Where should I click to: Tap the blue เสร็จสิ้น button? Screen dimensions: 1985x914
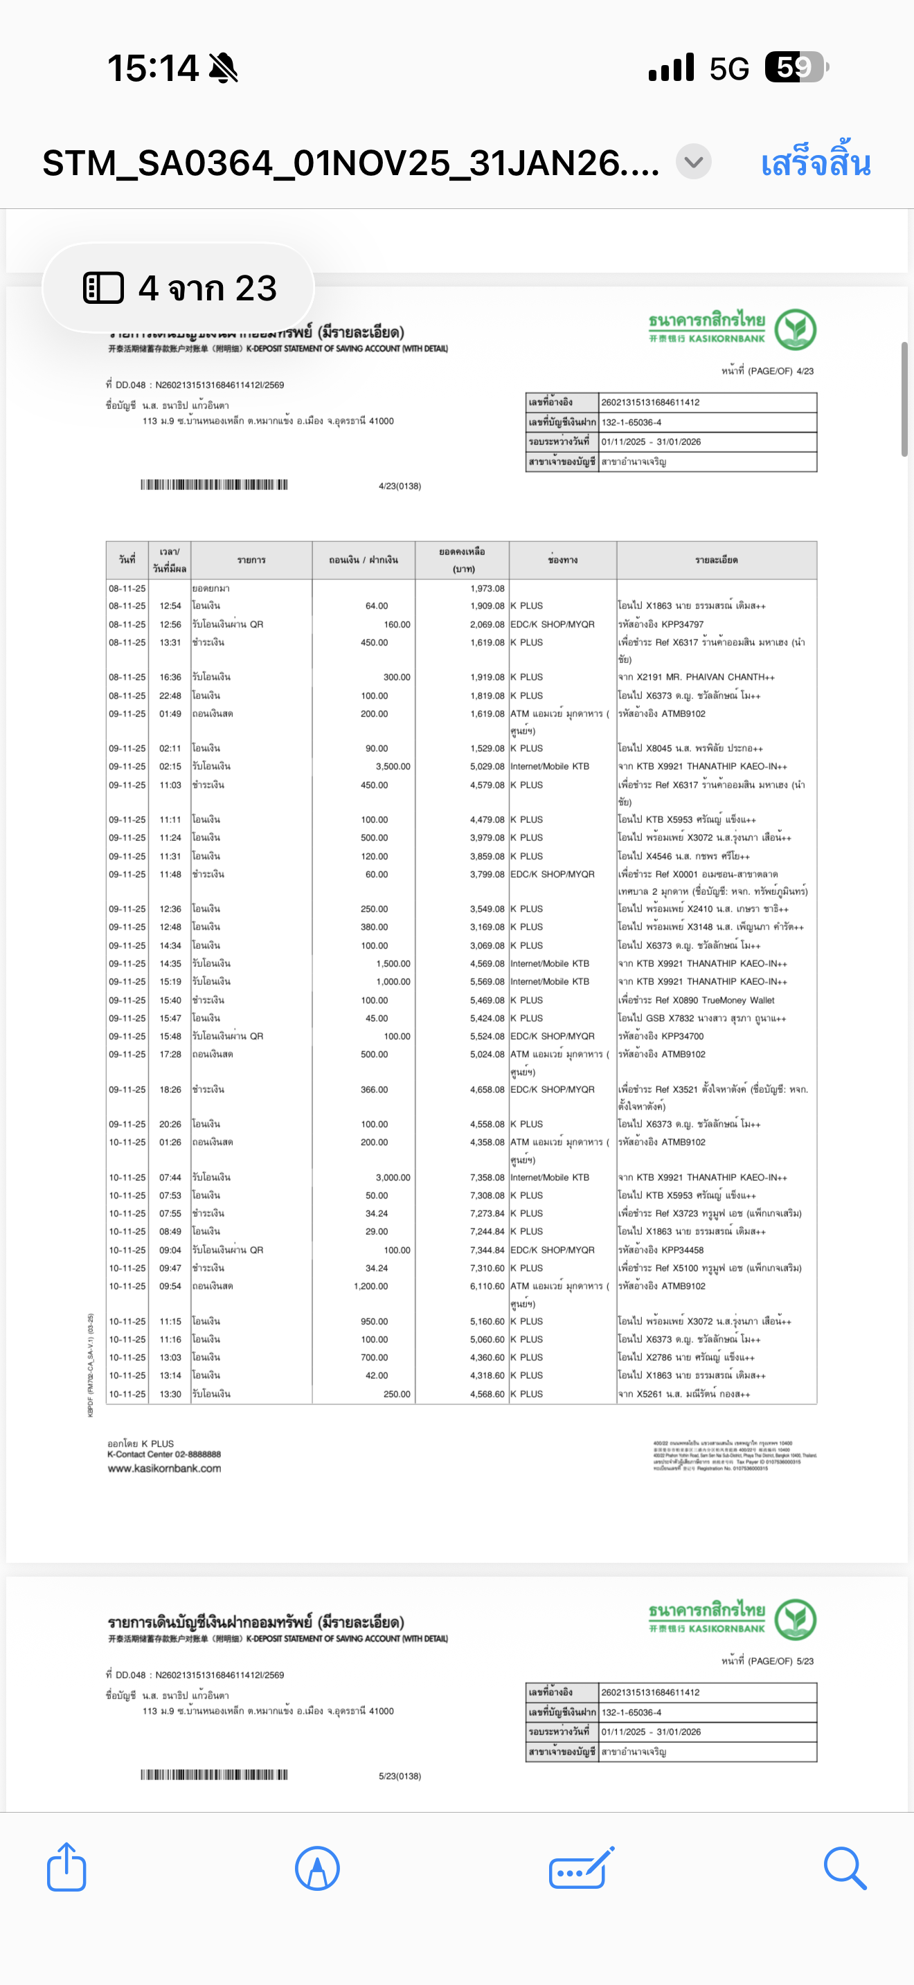click(x=816, y=163)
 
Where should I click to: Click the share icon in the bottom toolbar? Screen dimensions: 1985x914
click(x=66, y=1867)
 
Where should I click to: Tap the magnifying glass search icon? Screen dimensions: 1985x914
click(x=845, y=1867)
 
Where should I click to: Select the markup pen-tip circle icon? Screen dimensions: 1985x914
click(x=316, y=1867)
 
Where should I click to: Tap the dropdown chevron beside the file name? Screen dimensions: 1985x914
click(x=694, y=163)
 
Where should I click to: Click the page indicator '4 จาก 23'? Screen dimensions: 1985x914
click(x=179, y=288)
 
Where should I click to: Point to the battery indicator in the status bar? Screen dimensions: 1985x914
click(x=796, y=67)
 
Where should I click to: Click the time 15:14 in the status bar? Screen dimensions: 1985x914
click(x=152, y=68)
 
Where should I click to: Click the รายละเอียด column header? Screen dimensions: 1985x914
click(x=716, y=560)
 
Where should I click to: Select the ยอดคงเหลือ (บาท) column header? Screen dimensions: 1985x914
click(x=463, y=560)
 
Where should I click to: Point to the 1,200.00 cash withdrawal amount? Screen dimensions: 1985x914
click(x=370, y=1286)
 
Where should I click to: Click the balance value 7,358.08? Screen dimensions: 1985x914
click(x=487, y=1177)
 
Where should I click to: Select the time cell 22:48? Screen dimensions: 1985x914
click(x=170, y=696)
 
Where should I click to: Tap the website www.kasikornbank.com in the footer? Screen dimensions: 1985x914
click(x=164, y=1469)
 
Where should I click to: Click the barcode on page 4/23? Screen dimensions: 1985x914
click(x=213, y=484)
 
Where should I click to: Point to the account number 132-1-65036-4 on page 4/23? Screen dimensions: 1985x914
click(x=631, y=422)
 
